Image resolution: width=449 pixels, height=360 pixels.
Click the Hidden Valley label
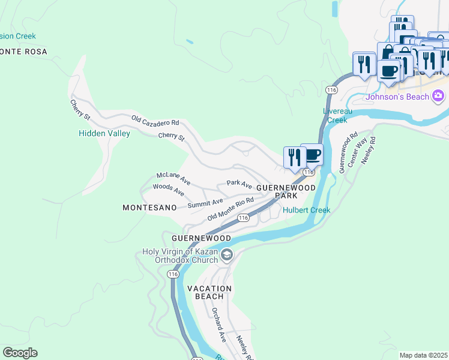104,134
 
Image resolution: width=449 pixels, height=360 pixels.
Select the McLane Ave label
173,178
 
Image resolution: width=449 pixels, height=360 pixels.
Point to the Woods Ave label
168,190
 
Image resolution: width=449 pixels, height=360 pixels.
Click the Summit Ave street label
205,204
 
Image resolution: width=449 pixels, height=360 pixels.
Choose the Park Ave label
239,183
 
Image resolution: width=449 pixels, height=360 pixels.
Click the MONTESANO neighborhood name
149,208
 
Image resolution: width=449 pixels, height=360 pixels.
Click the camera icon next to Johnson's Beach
438,96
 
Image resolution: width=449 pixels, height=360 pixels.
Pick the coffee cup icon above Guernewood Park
312,155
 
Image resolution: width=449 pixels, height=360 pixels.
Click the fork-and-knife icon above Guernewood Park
294,158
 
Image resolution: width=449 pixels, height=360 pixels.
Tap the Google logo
20,353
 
